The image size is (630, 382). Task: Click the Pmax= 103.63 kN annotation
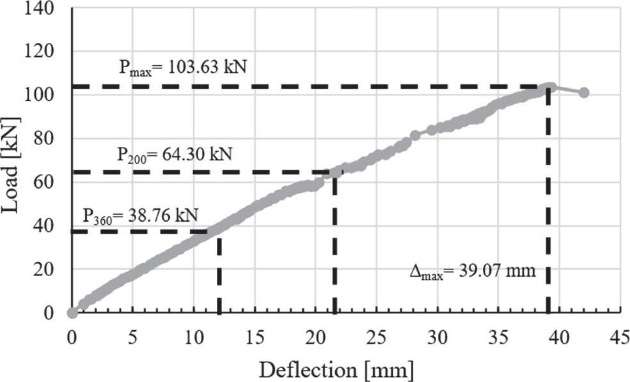click(x=183, y=67)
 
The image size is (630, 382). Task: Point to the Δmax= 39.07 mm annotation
click(x=481, y=271)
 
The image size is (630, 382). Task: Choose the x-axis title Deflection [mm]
click(x=336, y=369)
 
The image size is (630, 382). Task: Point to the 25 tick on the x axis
click(x=377, y=335)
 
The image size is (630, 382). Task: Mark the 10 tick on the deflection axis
click(x=194, y=335)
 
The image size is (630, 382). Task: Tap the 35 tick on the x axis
click(x=498, y=335)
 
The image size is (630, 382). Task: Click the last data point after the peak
click(x=583, y=93)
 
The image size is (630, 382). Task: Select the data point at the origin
click(x=72, y=312)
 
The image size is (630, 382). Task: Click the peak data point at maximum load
click(x=549, y=87)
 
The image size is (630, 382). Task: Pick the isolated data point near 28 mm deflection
click(x=414, y=135)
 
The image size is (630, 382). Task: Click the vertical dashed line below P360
click(x=219, y=275)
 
